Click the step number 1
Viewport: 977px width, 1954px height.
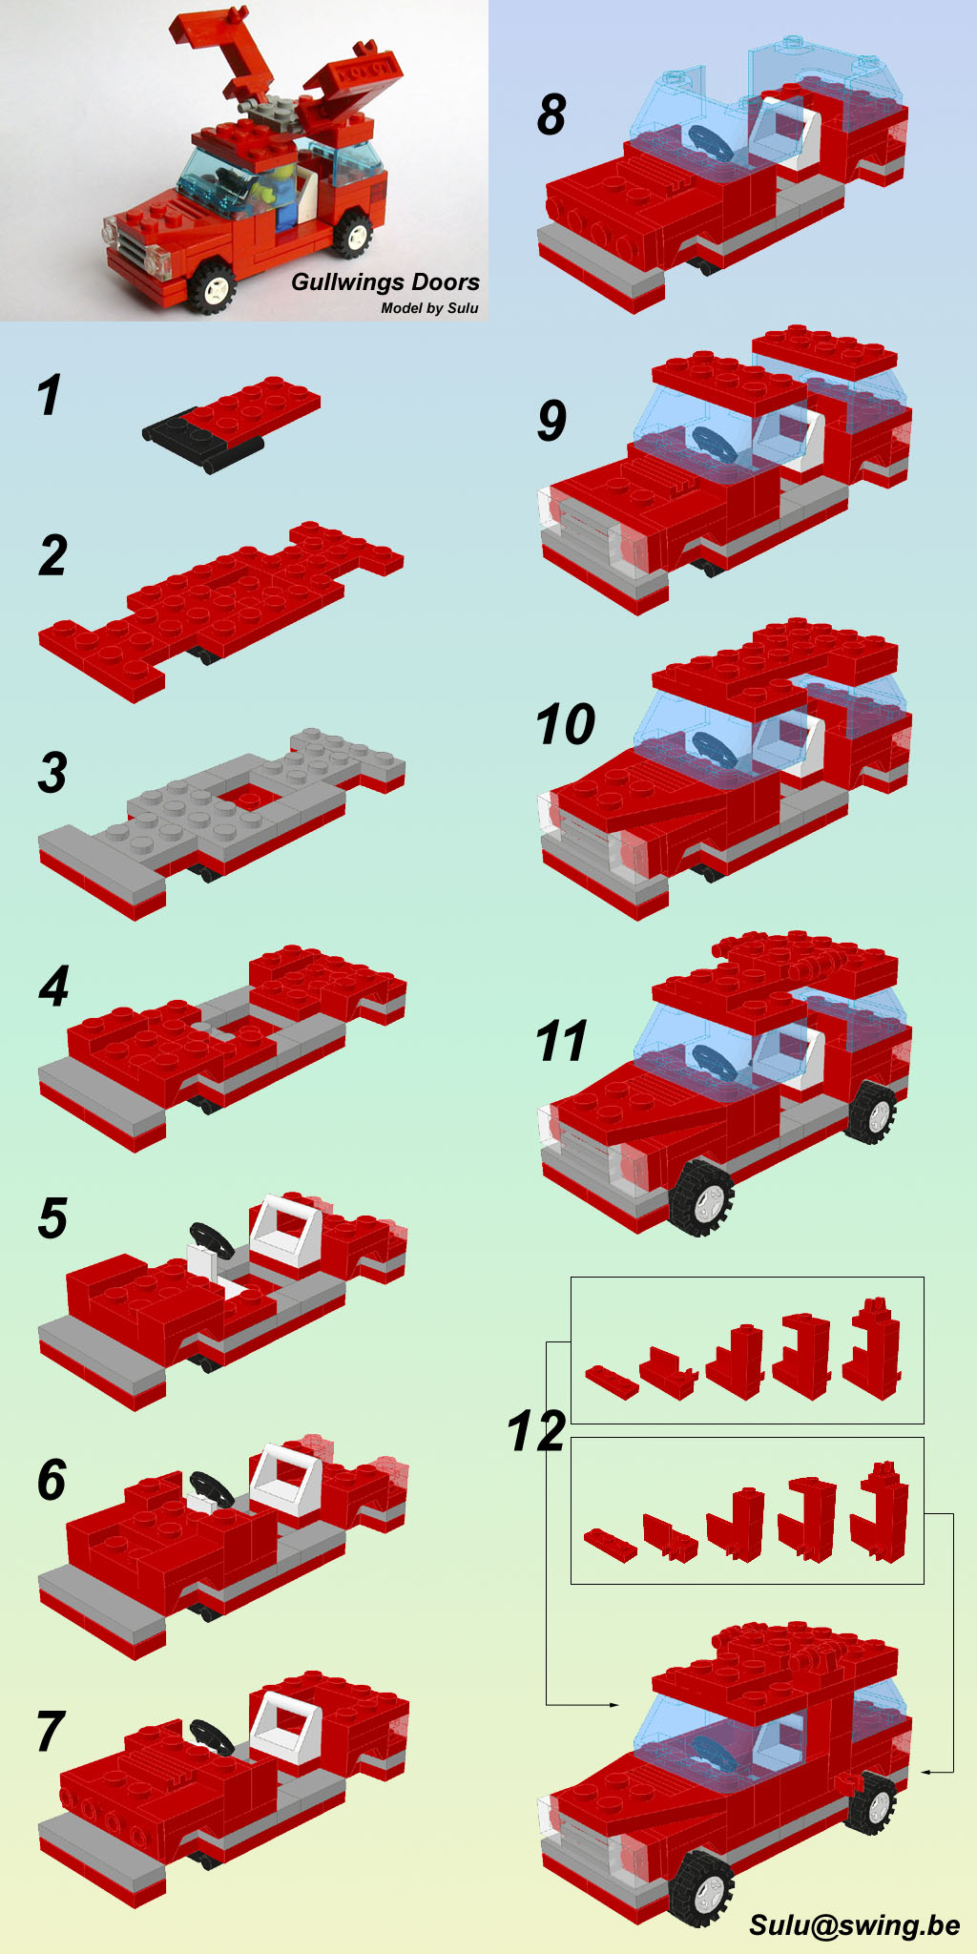50,395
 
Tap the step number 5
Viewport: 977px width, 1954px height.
53,1218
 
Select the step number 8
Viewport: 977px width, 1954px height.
551,114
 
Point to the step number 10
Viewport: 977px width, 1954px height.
566,724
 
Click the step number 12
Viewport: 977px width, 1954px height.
537,1431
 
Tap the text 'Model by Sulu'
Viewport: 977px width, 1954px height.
429,308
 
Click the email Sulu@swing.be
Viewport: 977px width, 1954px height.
854,1925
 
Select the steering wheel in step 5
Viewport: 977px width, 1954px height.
211,1240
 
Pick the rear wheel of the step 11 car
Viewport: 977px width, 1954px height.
872,1112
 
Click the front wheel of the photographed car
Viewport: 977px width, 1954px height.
212,285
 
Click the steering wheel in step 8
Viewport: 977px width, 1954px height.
710,142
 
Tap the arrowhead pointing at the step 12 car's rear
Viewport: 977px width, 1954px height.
925,1772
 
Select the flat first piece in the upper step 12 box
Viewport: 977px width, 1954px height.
612,1382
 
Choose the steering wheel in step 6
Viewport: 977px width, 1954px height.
211,1489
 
